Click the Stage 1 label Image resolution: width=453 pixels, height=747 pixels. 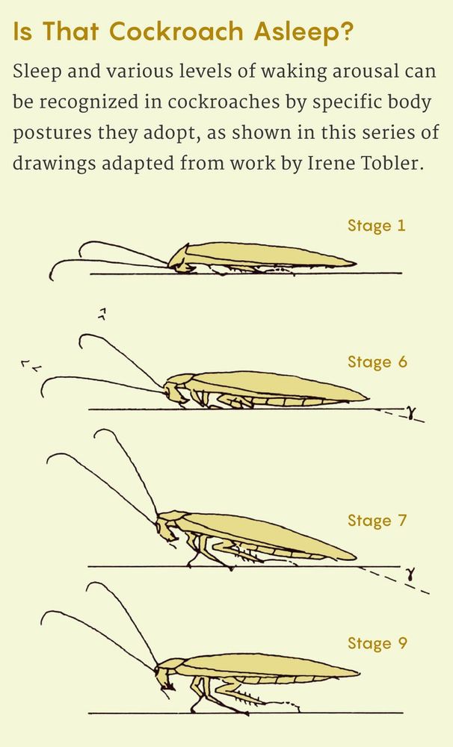[376, 226]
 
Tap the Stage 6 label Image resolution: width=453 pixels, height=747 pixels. [377, 362]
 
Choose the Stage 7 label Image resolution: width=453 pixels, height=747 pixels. [377, 520]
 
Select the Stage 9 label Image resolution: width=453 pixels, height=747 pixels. [377, 643]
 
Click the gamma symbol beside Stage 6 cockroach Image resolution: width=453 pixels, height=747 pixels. [409, 412]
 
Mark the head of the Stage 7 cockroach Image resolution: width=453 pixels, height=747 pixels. [166, 528]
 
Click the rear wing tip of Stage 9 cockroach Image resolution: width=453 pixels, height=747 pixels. [357, 673]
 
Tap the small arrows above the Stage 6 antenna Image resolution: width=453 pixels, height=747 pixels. [102, 314]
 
